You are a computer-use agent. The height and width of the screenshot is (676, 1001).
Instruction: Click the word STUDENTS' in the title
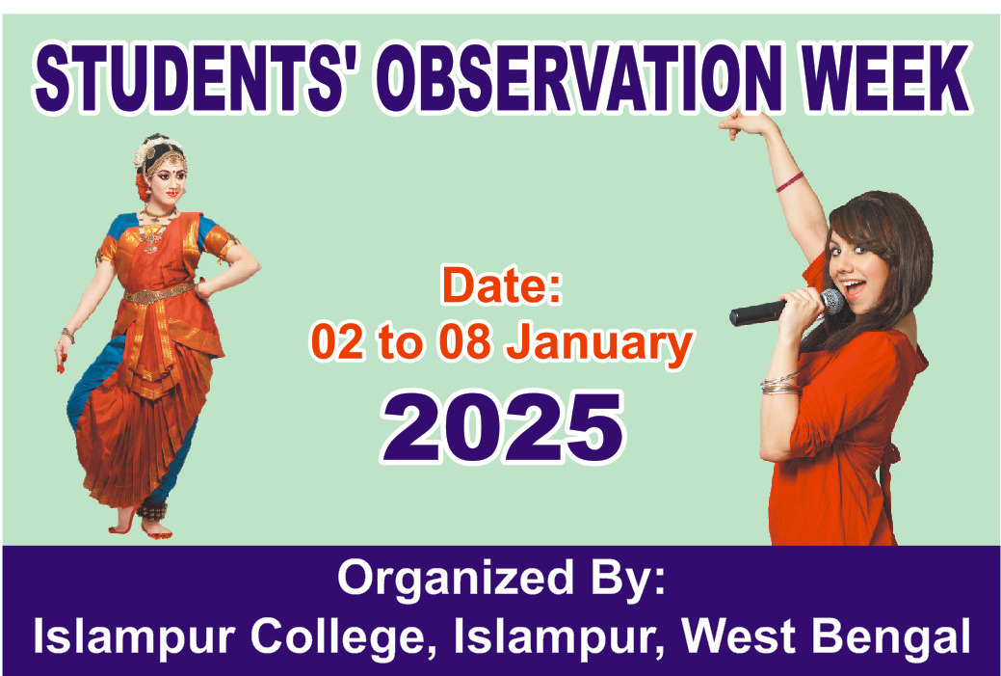[x=190, y=78]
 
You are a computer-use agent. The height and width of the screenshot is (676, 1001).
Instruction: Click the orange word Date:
[x=502, y=285]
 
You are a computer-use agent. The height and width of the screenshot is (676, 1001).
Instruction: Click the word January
[x=599, y=345]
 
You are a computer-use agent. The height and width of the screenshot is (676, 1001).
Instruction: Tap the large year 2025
[x=502, y=427]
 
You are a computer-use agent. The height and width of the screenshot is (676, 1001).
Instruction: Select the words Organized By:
[x=501, y=579]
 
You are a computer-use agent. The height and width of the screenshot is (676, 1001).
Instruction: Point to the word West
[x=739, y=635]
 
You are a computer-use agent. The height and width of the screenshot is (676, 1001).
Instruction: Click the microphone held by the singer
[x=786, y=308]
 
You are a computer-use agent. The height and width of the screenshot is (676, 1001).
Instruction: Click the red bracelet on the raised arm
[x=790, y=182]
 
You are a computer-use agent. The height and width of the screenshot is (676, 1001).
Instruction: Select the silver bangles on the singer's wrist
[x=779, y=384]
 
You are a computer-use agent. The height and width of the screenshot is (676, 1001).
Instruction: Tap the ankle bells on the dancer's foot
[x=152, y=509]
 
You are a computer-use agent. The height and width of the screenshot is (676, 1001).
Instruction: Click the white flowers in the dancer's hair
[x=152, y=149]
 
